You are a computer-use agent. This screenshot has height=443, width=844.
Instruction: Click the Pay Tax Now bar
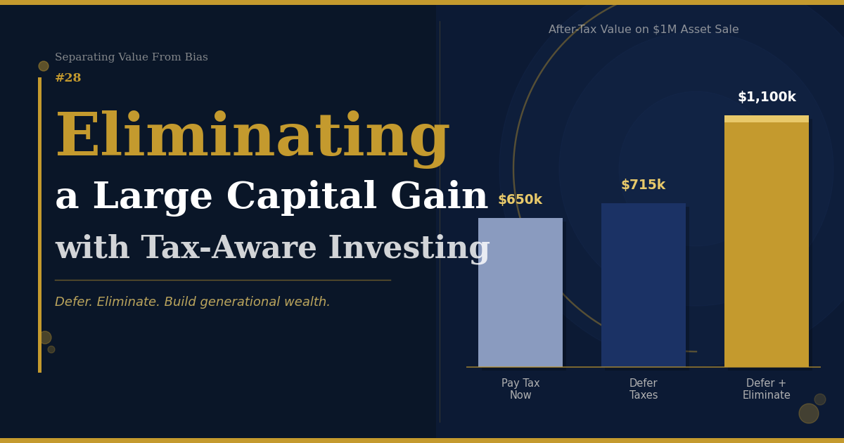520,293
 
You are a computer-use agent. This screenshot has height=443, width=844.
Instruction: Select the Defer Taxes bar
643,285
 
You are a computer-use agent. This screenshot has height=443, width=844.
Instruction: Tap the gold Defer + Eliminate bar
767,241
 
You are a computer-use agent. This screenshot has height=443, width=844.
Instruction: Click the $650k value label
520,199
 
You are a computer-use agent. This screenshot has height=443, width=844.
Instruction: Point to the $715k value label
643,184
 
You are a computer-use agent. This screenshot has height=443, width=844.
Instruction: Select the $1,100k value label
767,97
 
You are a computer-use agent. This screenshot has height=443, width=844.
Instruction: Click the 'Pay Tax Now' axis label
520,389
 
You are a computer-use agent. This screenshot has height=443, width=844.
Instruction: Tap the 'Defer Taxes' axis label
643,389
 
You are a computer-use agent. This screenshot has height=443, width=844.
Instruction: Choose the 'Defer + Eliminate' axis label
767,389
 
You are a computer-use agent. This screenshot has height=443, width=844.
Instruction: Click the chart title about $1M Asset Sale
644,30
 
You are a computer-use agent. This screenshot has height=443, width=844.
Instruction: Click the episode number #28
68,77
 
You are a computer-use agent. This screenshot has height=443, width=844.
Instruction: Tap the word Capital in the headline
302,196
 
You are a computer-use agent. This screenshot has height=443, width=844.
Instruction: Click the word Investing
409,249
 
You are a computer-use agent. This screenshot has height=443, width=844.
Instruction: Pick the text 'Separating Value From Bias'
131,57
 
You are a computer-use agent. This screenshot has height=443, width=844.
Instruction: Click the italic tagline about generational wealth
192,302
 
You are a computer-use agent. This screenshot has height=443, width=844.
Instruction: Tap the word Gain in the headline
440,196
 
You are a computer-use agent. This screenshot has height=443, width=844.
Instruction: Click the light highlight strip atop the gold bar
767,119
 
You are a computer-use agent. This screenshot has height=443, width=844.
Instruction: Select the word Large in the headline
153,198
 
